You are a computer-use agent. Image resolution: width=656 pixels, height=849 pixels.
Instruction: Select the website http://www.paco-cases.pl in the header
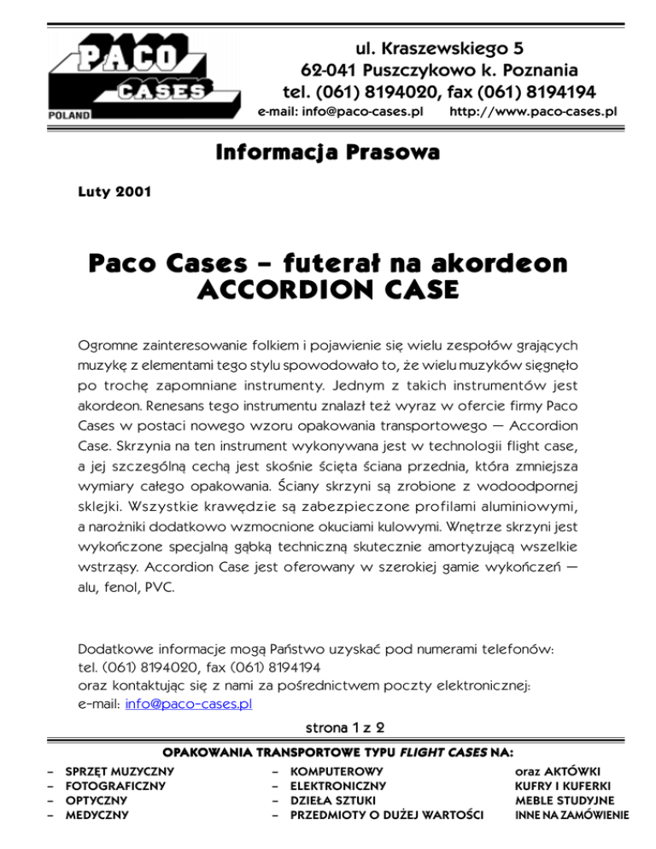click(533, 112)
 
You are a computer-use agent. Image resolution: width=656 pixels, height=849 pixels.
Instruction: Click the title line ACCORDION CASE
click(328, 291)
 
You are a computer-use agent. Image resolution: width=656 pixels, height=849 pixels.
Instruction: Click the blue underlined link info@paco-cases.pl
click(190, 704)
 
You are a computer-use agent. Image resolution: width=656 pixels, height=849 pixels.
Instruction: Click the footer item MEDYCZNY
click(95, 814)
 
